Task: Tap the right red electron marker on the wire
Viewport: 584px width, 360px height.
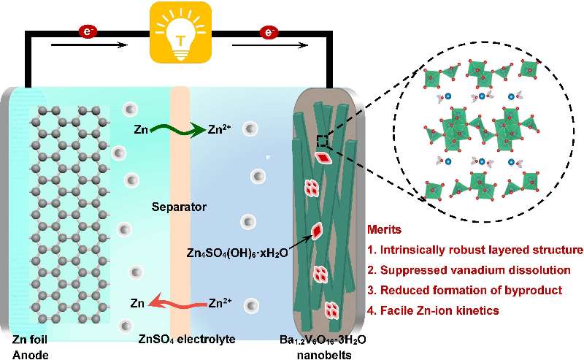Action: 269,32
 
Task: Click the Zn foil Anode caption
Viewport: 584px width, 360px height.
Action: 32,345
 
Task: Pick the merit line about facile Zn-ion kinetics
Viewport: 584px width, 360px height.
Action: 434,310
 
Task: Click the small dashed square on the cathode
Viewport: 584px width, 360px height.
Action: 322,139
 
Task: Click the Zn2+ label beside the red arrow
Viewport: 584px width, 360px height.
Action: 223,301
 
